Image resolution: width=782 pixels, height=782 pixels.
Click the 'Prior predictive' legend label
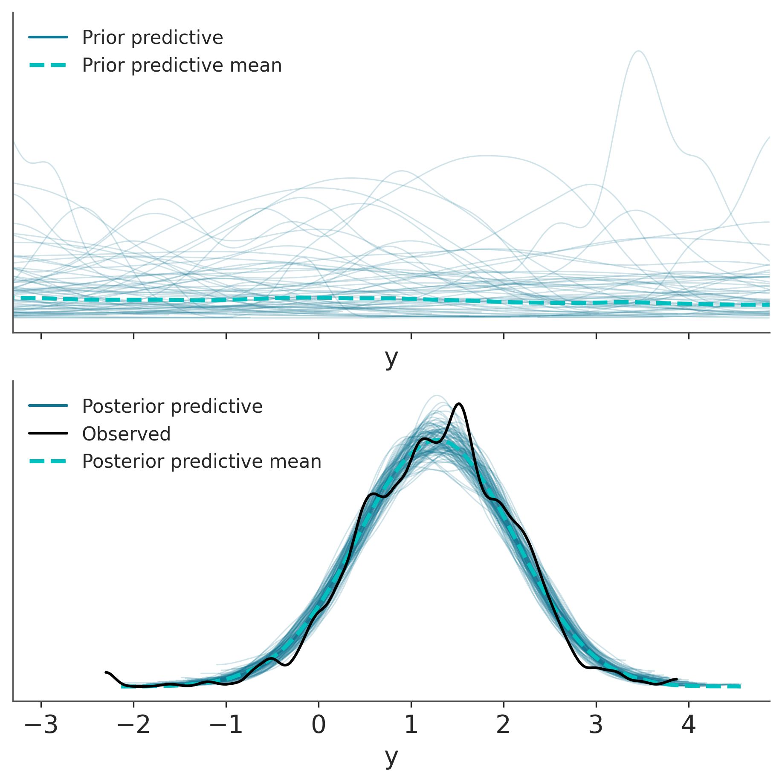pos(152,38)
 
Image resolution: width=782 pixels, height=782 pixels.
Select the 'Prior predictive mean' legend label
pos(182,65)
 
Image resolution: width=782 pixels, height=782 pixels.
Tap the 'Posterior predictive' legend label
pos(172,406)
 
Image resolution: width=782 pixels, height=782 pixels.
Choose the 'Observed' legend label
pos(126,434)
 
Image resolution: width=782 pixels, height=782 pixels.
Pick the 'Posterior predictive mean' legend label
pos(201,461)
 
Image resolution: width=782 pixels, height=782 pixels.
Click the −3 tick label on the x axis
pos(41,725)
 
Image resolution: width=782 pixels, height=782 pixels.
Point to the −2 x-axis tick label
pos(133,725)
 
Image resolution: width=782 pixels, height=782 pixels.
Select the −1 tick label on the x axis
pos(226,725)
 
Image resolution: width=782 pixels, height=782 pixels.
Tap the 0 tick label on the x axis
pos(319,725)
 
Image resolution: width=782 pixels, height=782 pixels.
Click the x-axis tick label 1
pos(411,725)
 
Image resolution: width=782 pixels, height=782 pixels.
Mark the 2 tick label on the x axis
pos(504,725)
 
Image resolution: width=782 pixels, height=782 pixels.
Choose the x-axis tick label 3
pos(596,725)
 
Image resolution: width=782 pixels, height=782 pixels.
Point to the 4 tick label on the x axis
pos(689,725)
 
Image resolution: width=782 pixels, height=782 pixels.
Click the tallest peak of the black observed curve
pos(459,403)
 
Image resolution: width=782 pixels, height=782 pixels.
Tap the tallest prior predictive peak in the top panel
pos(638,52)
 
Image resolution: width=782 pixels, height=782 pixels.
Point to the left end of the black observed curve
pos(106,672)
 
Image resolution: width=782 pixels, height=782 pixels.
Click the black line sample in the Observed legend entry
pos(48,434)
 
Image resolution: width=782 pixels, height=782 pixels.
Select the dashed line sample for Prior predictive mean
pos(48,65)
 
